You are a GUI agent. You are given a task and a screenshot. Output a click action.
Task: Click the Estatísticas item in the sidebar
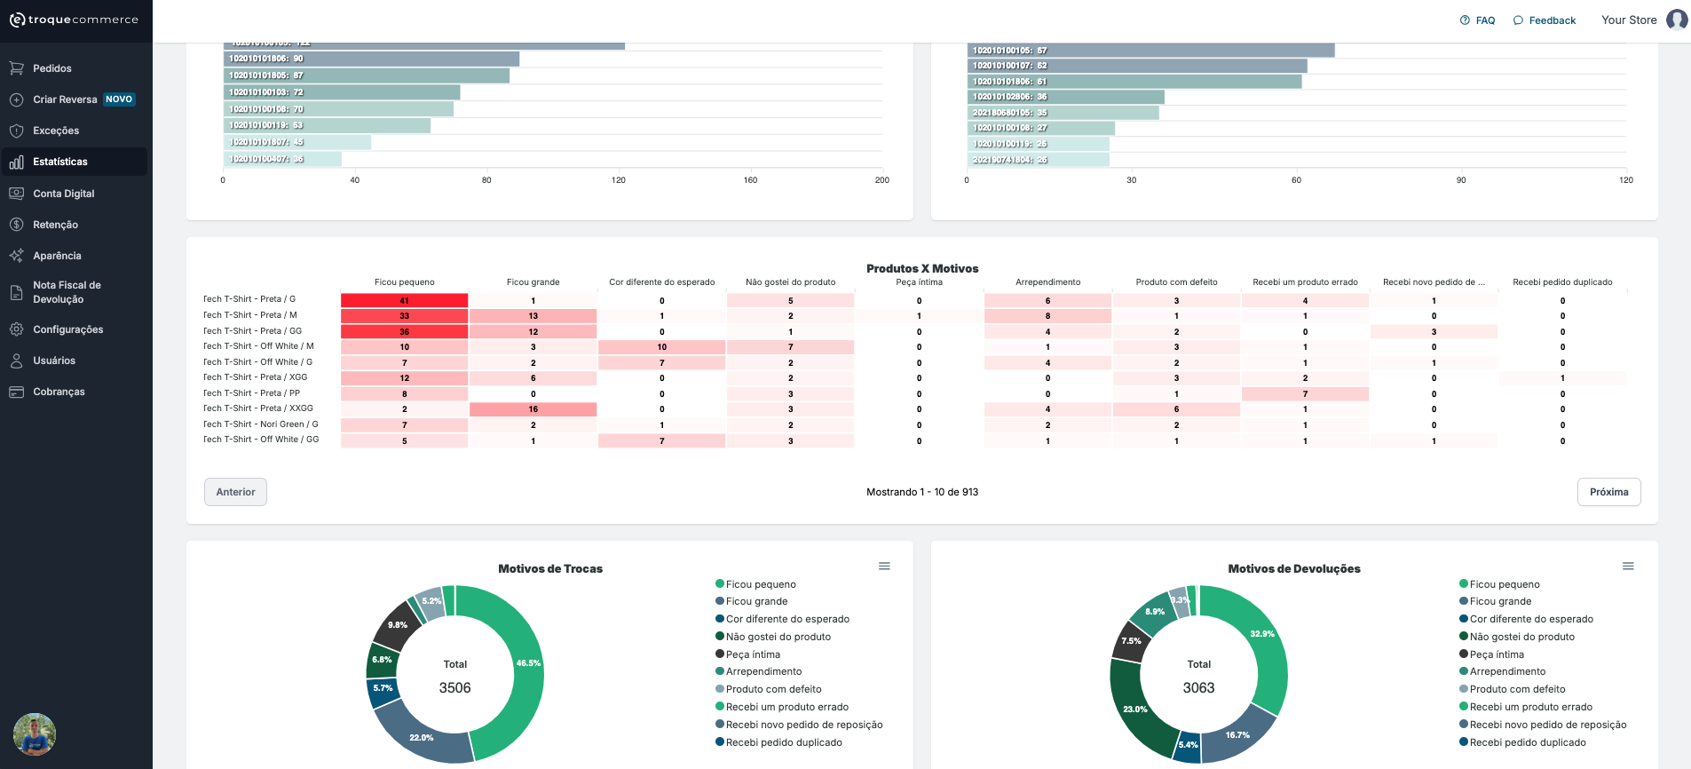point(60,162)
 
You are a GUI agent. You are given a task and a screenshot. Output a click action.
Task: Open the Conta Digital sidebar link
point(63,194)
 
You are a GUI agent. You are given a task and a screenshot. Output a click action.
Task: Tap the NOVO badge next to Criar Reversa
point(119,99)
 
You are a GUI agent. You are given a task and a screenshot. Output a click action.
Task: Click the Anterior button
point(235,492)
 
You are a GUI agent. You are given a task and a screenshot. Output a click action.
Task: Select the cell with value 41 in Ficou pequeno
point(404,301)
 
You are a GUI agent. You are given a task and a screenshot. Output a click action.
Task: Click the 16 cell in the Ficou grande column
point(533,409)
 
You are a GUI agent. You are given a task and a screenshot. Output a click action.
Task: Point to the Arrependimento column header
point(1047,282)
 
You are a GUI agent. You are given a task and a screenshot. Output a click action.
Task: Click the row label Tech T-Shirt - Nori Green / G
point(261,424)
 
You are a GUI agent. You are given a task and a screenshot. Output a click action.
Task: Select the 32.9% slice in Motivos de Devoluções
point(1261,634)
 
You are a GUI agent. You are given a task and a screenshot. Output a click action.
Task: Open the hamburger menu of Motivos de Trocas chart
point(884,567)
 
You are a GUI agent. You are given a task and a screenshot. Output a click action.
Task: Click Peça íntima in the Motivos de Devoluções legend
point(1496,654)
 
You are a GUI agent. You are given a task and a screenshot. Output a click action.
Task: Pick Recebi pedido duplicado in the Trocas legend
point(783,742)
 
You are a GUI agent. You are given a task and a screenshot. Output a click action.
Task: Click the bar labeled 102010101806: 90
point(371,59)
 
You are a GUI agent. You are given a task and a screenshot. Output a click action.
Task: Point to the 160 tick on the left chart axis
point(750,180)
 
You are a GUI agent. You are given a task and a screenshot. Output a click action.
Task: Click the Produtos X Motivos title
point(922,268)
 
